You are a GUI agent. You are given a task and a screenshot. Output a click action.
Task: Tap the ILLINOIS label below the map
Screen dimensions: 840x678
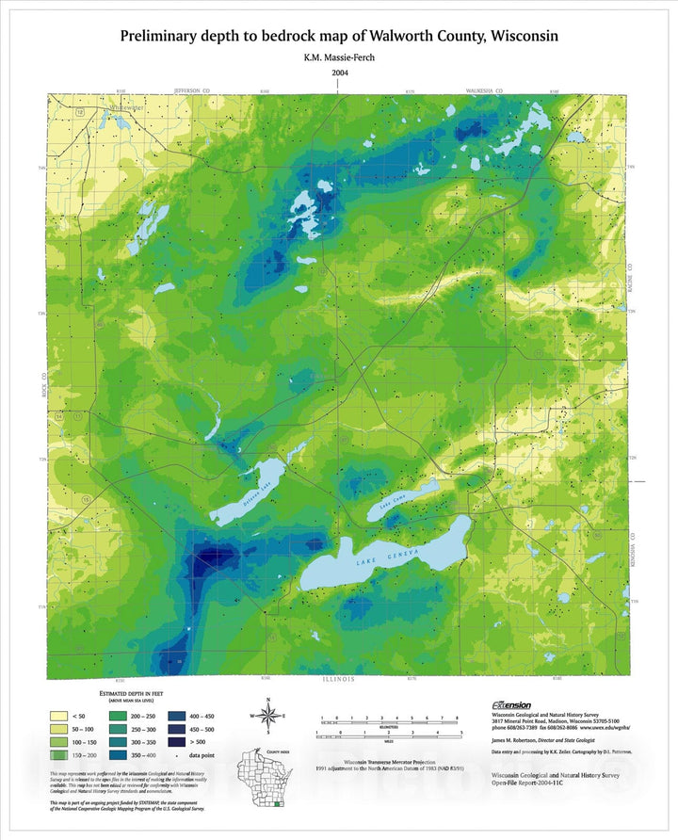[x=338, y=679]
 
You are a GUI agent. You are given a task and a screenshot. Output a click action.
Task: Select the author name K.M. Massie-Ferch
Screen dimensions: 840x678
[x=339, y=58]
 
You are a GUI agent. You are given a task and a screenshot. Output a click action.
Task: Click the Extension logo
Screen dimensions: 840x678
[x=511, y=704]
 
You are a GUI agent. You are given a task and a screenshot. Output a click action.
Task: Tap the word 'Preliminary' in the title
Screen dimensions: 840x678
[x=165, y=36]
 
